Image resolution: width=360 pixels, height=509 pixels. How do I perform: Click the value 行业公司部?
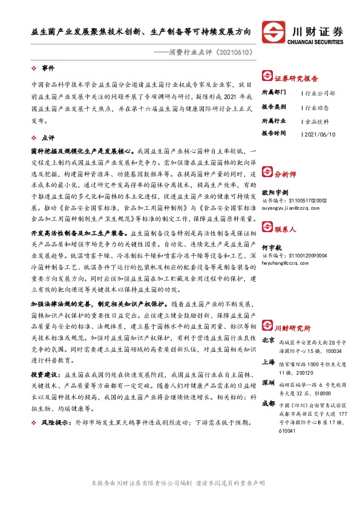click(x=320, y=94)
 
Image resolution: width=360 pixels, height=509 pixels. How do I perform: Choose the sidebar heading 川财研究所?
click(x=293, y=327)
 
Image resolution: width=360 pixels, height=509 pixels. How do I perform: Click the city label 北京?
click(x=269, y=340)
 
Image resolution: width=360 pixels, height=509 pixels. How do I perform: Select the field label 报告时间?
click(x=275, y=134)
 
